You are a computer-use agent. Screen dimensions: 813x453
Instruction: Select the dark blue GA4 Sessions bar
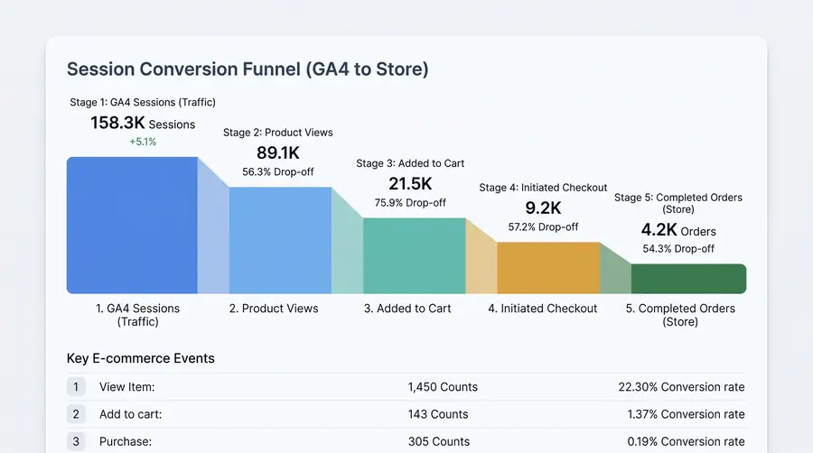132,226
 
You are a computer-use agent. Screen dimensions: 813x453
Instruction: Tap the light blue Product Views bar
280,240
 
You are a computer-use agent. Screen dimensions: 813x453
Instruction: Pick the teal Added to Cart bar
415,255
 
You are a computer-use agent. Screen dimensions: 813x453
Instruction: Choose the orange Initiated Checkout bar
548,268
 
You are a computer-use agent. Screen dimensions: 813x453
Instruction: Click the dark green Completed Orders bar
688,279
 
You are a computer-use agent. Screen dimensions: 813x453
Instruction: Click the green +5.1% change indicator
143,142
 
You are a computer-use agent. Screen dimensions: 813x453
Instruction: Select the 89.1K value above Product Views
278,153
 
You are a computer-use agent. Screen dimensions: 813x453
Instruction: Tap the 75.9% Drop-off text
410,203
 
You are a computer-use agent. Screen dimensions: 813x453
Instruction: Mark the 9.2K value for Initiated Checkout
543,208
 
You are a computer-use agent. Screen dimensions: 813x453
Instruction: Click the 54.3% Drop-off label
678,249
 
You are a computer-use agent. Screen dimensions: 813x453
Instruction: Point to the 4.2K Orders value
678,230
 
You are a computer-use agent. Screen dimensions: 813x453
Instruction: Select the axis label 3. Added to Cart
407,309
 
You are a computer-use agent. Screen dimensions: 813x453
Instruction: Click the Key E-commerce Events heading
141,358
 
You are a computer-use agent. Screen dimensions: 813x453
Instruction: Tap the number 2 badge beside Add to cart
76,414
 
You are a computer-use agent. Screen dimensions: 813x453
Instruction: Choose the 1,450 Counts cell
443,387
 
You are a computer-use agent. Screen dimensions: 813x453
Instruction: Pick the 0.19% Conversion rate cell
686,441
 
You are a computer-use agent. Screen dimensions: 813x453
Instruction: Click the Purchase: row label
126,441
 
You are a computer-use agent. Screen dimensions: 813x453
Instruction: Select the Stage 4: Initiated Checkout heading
543,188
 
